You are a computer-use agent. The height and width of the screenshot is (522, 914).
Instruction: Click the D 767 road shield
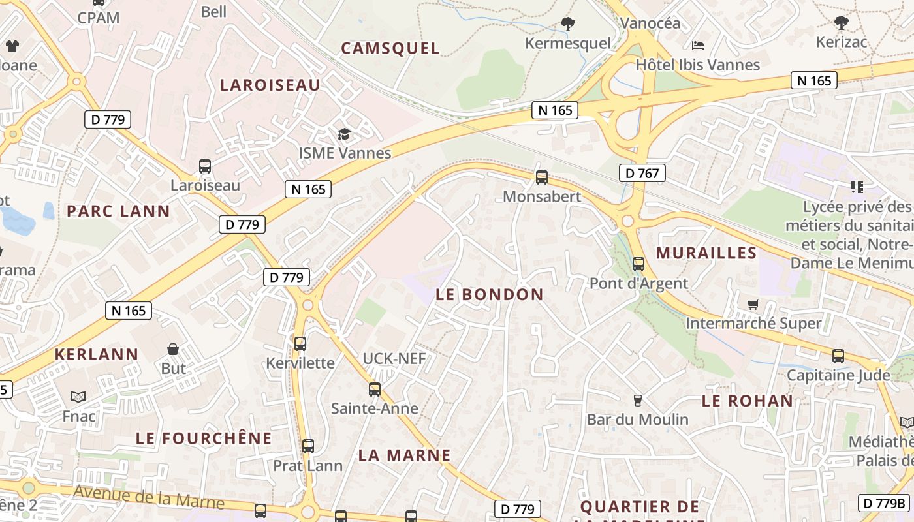pyautogui.click(x=642, y=173)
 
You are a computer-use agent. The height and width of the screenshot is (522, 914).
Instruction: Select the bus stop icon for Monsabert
pyautogui.click(x=541, y=177)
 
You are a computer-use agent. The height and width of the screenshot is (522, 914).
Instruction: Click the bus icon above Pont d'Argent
pyautogui.click(x=638, y=264)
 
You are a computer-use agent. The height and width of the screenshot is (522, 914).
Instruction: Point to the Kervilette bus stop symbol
pyautogui.click(x=300, y=343)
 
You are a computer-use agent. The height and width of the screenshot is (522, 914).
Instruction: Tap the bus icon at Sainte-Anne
pyautogui.click(x=374, y=390)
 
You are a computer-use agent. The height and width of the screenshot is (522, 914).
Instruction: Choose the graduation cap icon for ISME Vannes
pyautogui.click(x=344, y=134)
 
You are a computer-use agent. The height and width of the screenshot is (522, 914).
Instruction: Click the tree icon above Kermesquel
pyautogui.click(x=568, y=25)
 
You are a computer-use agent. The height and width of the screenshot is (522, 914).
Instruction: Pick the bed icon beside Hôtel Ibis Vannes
pyautogui.click(x=698, y=46)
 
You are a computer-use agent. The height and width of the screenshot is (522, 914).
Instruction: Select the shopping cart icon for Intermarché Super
pyautogui.click(x=753, y=304)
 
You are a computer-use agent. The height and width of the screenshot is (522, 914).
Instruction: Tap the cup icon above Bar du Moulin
pyautogui.click(x=638, y=400)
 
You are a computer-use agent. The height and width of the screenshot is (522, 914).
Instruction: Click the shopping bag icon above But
pyautogui.click(x=173, y=349)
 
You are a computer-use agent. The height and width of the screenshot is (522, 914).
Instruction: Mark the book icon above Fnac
pyautogui.click(x=78, y=397)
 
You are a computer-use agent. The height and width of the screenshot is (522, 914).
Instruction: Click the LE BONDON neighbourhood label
pyautogui.click(x=489, y=294)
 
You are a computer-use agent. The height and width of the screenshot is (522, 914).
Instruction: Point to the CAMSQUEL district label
pyautogui.click(x=390, y=48)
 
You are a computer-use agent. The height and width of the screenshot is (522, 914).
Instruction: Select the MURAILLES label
pyautogui.click(x=706, y=253)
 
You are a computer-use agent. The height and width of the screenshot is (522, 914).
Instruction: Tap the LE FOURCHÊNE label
pyautogui.click(x=203, y=438)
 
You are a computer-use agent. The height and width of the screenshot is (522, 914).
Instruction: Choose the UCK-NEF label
pyautogui.click(x=394, y=358)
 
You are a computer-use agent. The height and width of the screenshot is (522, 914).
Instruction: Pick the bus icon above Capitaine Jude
pyautogui.click(x=838, y=356)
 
